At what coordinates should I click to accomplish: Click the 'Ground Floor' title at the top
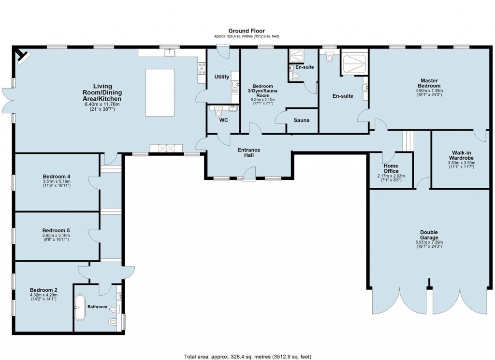(x=247, y=30)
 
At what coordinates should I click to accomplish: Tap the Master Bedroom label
(x=429, y=83)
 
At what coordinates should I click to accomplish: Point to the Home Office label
(x=391, y=168)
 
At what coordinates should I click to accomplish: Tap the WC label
(x=223, y=120)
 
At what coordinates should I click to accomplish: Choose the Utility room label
(x=222, y=77)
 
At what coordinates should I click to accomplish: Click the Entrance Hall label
(x=249, y=152)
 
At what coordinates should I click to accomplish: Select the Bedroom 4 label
(x=57, y=176)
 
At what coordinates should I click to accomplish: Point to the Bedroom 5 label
(x=57, y=230)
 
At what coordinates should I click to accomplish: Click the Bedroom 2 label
(x=44, y=288)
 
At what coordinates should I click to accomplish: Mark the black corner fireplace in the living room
(x=22, y=56)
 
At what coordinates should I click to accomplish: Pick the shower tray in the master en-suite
(x=354, y=62)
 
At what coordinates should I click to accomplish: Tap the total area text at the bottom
(x=247, y=357)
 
